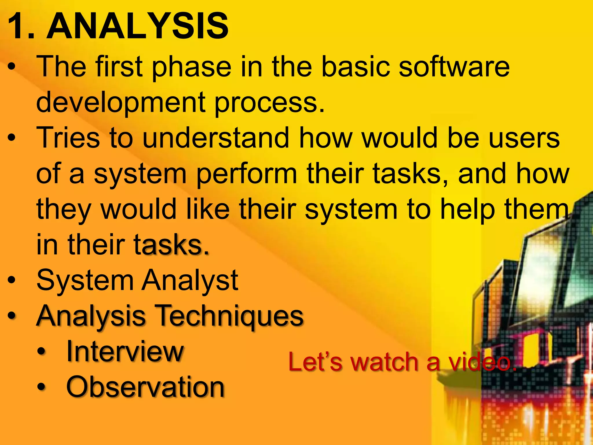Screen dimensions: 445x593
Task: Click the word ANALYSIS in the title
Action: [138, 27]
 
